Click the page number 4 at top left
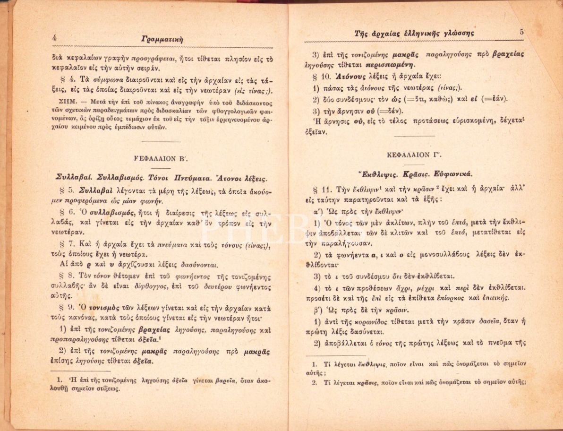click(x=55, y=38)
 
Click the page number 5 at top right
click(x=521, y=32)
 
